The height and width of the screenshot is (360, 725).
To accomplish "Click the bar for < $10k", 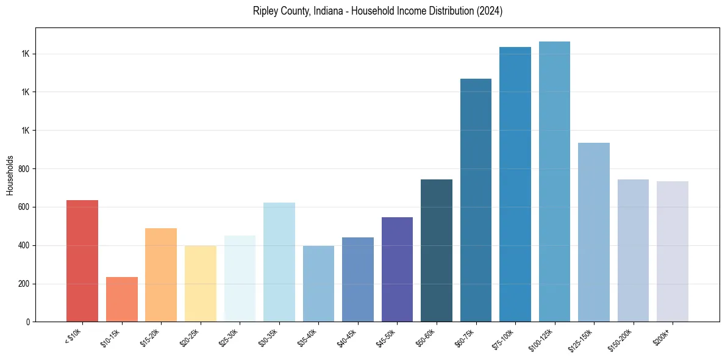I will [x=82, y=261].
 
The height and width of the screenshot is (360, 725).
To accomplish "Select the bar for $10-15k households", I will [x=121, y=300].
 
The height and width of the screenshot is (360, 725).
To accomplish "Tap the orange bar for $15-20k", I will [x=161, y=275].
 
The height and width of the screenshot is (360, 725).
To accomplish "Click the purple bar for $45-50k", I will [x=397, y=270].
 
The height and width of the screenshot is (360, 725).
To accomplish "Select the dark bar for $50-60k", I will [x=437, y=251].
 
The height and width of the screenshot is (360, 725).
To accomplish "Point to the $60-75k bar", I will [x=476, y=200].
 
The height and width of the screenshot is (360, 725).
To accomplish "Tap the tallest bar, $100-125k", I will [x=554, y=182].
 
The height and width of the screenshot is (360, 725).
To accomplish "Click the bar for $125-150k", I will [x=594, y=232].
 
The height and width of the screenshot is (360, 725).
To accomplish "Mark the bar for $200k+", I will [x=673, y=251].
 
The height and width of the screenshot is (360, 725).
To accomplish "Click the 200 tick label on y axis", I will [x=24, y=284].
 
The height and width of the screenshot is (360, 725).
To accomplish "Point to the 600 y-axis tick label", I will [x=24, y=207].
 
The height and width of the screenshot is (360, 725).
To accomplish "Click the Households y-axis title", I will [x=10, y=175].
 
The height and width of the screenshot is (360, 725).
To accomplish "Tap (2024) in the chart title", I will [x=490, y=12].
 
